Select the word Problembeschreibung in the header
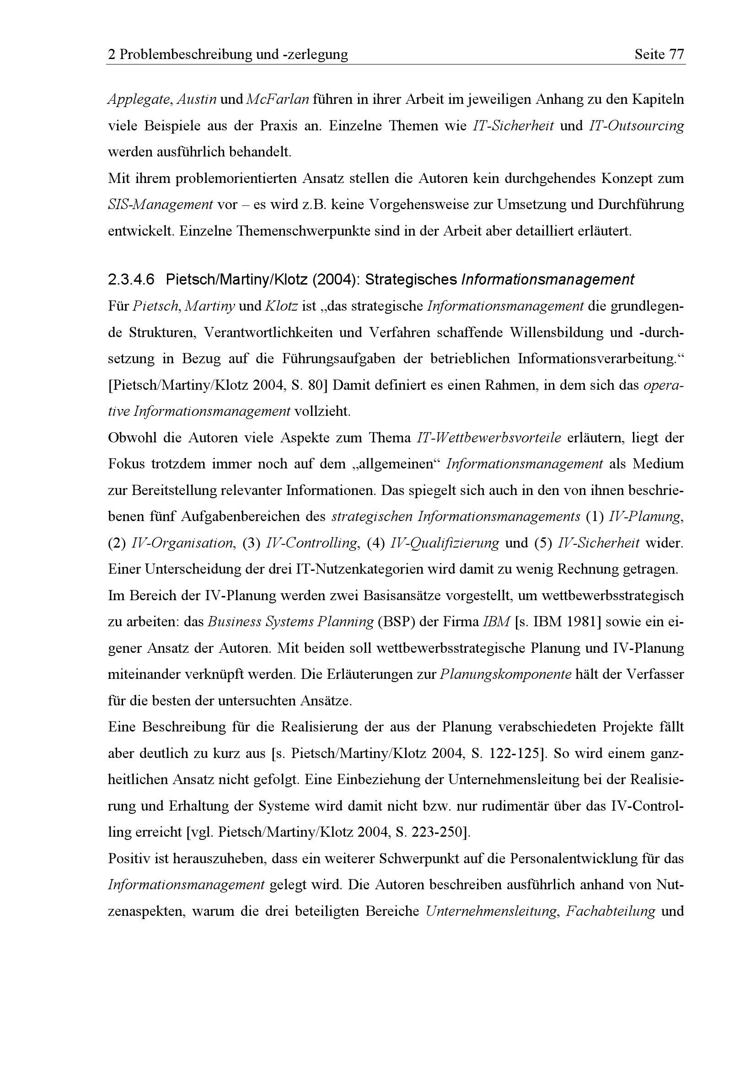click(186, 55)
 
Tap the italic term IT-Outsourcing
click(636, 126)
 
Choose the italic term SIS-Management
click(160, 204)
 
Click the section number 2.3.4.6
click(131, 280)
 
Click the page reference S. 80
click(311, 385)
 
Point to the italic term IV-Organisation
click(183, 543)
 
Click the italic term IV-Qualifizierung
click(445, 543)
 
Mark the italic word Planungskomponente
click(505, 675)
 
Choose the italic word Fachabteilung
click(610, 912)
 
